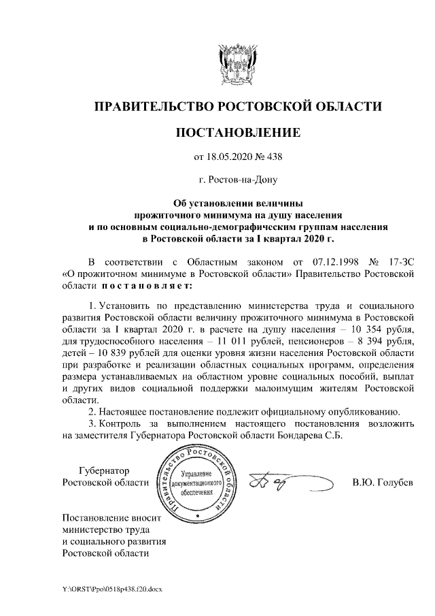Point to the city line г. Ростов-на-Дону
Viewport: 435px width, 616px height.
[237, 180]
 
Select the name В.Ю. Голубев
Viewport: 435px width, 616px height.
[383, 483]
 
